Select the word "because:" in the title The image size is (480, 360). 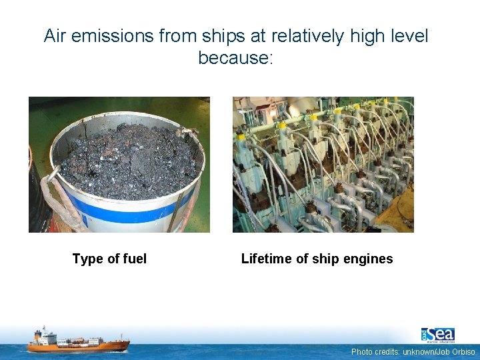pos(235,58)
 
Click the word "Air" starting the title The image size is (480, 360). pos(57,36)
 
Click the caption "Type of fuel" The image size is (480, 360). pos(109,259)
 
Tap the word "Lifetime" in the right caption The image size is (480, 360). pos(265,259)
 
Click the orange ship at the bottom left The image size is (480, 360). pos(78,341)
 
